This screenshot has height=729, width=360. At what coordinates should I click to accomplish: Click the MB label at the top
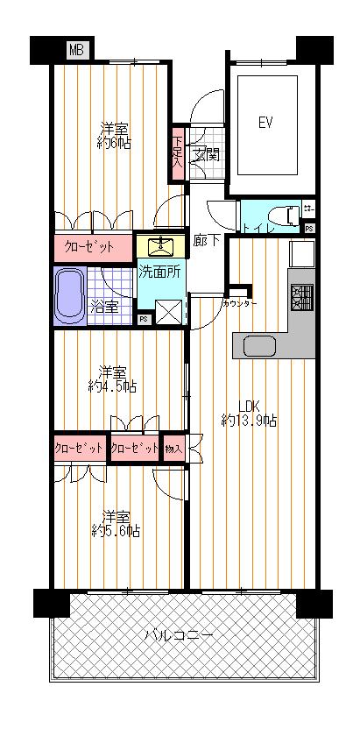click(x=78, y=52)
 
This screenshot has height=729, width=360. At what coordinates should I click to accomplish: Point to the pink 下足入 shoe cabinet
click(x=177, y=153)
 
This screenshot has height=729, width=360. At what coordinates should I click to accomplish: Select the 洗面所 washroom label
click(x=159, y=272)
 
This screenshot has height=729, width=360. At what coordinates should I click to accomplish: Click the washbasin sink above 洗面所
click(x=160, y=244)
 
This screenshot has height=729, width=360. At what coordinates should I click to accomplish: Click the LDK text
click(x=250, y=406)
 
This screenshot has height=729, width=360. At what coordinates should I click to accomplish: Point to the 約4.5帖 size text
click(x=112, y=386)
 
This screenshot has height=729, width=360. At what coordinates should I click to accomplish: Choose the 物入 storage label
click(x=174, y=448)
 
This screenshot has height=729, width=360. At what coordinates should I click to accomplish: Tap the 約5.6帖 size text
click(x=116, y=530)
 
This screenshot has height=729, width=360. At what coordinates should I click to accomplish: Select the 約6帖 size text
click(x=115, y=142)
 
